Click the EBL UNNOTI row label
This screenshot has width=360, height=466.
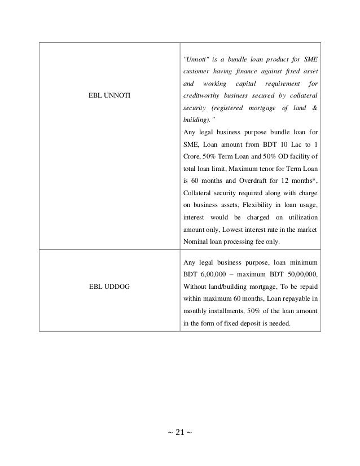coord(109,97)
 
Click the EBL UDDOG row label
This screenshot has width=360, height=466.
coord(108,287)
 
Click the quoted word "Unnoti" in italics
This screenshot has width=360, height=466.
coord(195,60)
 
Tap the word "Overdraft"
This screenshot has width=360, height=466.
coord(242,181)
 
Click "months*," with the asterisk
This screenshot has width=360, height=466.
coord(304,181)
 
